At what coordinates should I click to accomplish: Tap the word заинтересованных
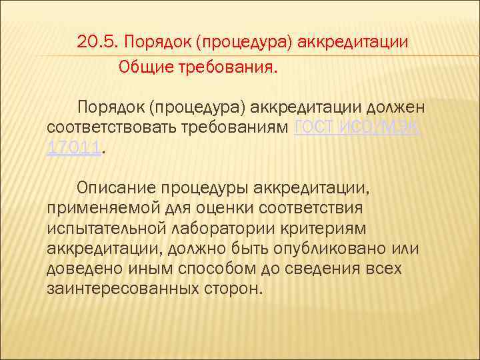click(122, 289)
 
